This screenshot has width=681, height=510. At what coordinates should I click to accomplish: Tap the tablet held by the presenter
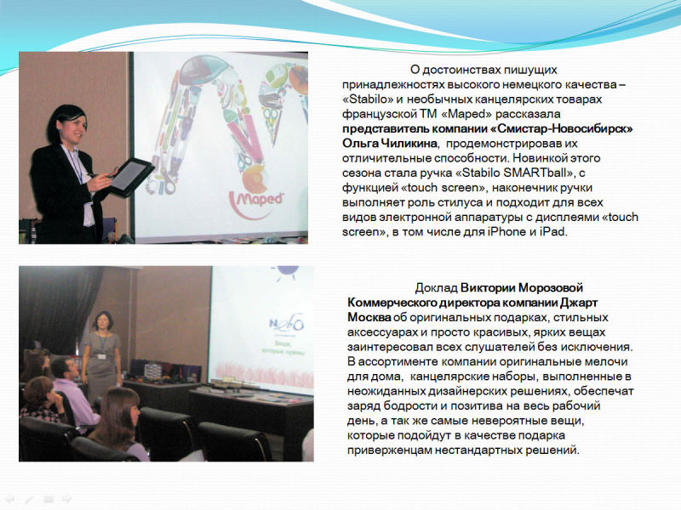tap(129, 177)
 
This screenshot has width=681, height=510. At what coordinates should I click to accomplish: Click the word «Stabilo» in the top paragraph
tap(368, 99)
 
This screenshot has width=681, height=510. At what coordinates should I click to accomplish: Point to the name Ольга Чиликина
tap(390, 144)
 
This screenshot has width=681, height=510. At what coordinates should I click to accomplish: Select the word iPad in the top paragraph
tap(552, 231)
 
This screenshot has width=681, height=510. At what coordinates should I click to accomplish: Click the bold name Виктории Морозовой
tap(522, 288)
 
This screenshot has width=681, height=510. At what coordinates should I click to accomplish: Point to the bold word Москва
tap(369, 317)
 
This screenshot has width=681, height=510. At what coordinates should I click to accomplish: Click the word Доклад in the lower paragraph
tap(436, 288)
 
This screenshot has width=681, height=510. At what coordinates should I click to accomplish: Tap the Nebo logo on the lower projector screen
tap(286, 324)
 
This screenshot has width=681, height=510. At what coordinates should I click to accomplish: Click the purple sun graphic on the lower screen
tap(285, 272)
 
